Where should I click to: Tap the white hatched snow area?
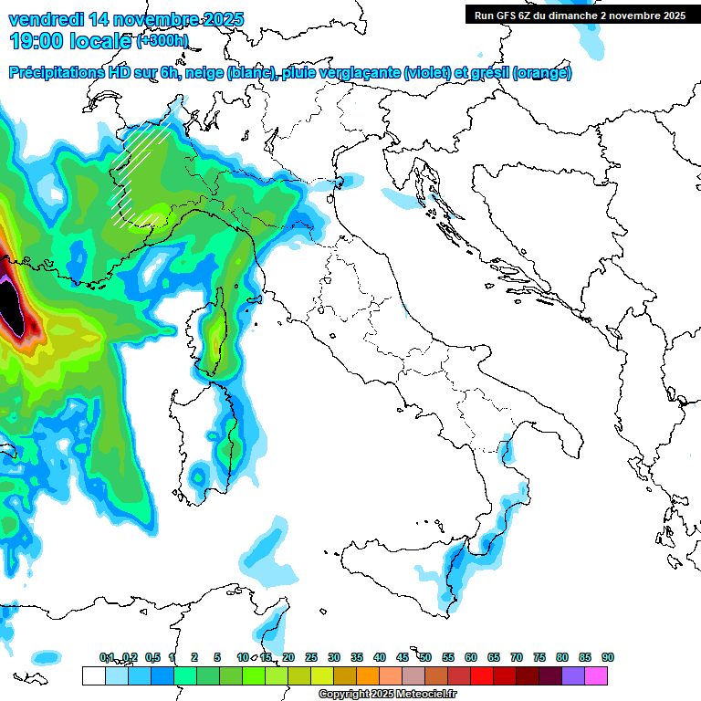[137, 173]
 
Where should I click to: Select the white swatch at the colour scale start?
[93, 675]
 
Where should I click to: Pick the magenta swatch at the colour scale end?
[597, 675]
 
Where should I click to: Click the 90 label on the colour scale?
[607, 657]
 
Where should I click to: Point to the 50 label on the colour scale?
[425, 657]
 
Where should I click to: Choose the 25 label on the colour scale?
[311, 657]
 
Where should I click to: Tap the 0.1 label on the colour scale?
[107, 657]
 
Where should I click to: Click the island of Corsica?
[215, 333]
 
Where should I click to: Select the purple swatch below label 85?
[573, 675]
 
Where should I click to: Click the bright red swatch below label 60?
[482, 675]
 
